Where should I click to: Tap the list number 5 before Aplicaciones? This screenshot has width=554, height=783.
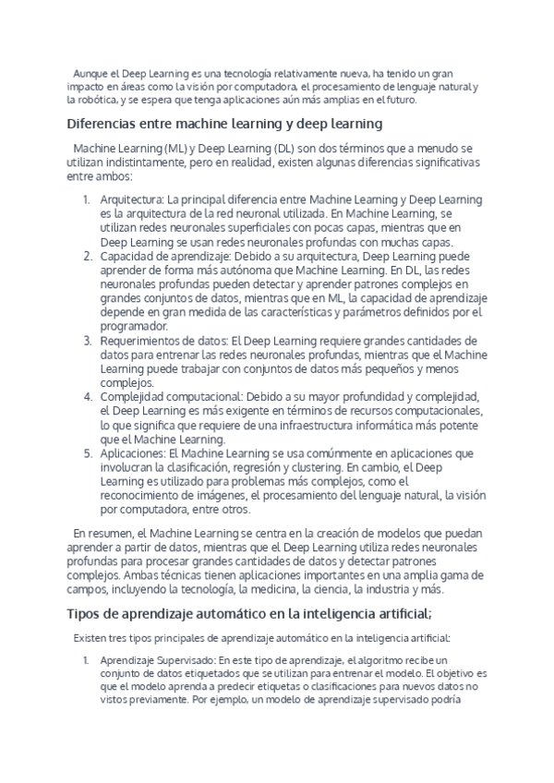click(86, 453)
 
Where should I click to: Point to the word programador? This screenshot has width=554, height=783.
click(135, 326)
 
